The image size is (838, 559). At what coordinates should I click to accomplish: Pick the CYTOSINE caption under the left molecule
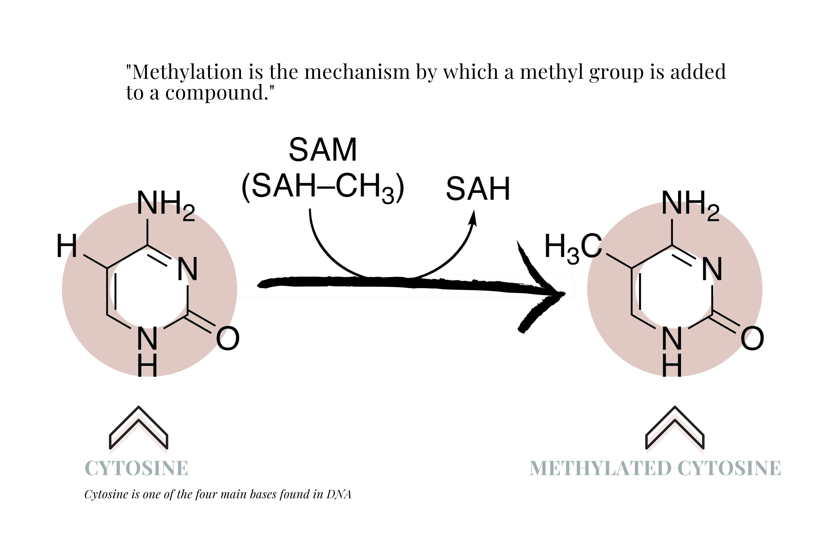[x=136, y=468]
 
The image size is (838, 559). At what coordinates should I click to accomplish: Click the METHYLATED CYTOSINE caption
[x=655, y=468]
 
